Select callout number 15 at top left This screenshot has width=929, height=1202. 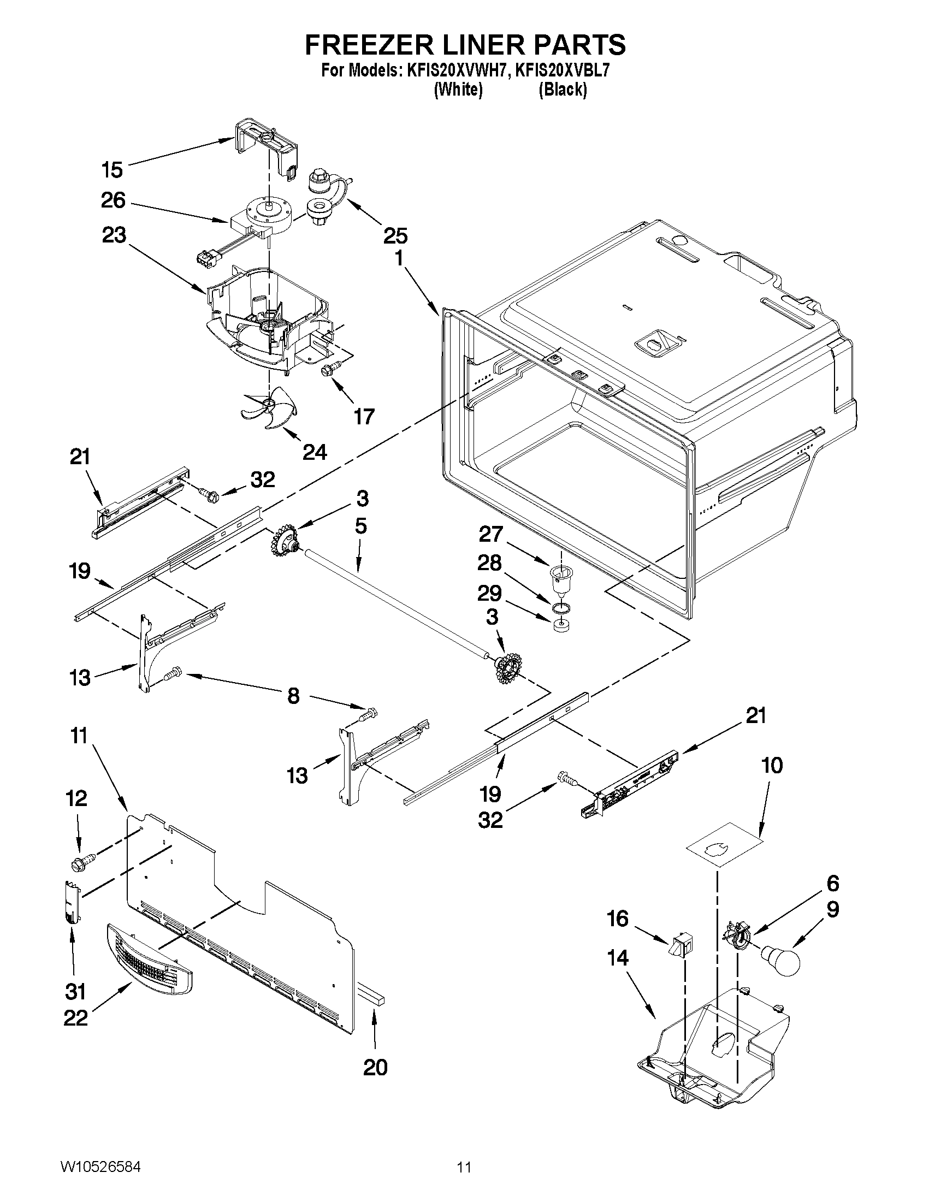113,169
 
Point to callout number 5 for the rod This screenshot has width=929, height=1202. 360,526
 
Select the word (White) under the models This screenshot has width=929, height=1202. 458,90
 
